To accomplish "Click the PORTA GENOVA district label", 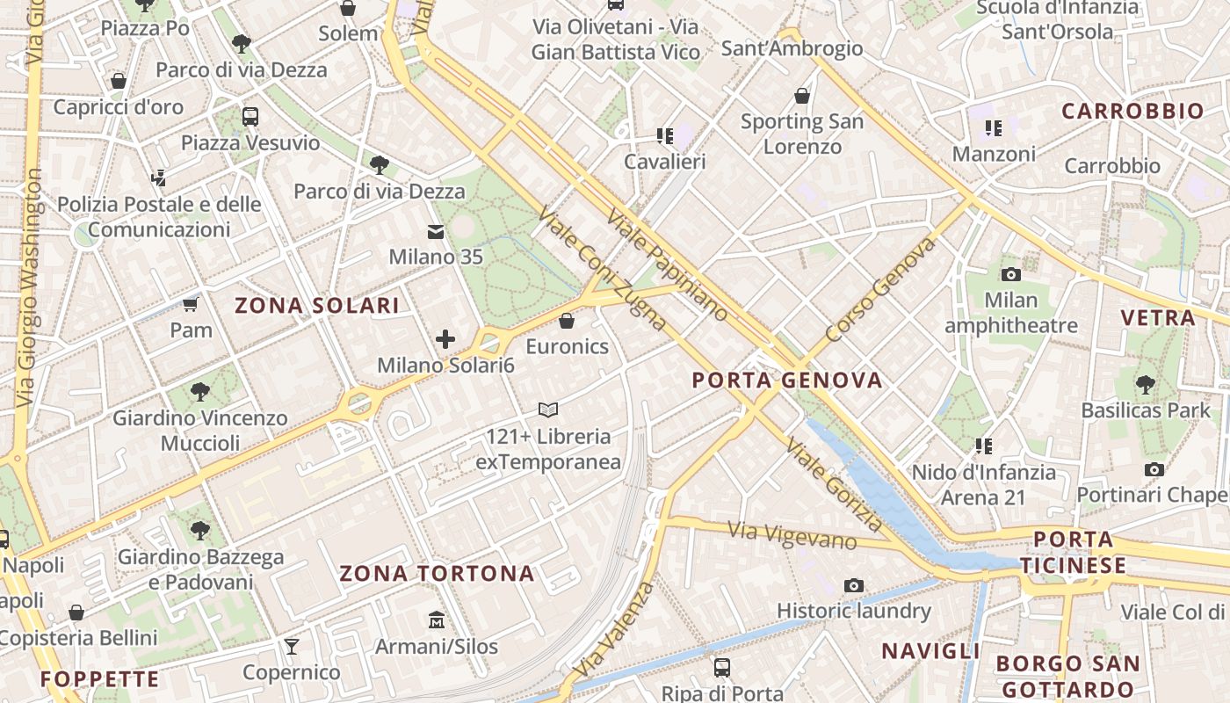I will pyautogui.click(x=786, y=380).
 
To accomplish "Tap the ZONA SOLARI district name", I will pyautogui.click(x=316, y=306).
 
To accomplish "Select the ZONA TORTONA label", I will pyautogui.click(x=437, y=574).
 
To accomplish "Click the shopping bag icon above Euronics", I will pyautogui.click(x=567, y=321).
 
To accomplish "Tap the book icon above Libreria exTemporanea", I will pyautogui.click(x=548, y=409).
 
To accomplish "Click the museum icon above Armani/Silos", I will pyautogui.click(x=436, y=620).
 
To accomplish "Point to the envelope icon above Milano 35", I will pyautogui.click(x=436, y=232).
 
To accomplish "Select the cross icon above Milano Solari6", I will pyautogui.click(x=445, y=339).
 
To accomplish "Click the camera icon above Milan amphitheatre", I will pyautogui.click(x=1010, y=274).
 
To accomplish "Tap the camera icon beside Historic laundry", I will pyautogui.click(x=853, y=585).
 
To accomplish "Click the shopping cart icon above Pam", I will pyautogui.click(x=191, y=305).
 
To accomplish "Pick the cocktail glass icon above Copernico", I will pyautogui.click(x=292, y=647).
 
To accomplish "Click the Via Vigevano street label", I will pyautogui.click(x=792, y=534).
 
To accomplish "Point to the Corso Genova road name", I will pyautogui.click(x=880, y=290).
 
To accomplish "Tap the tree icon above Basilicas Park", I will pyautogui.click(x=1145, y=384).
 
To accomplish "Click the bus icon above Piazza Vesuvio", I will pyautogui.click(x=250, y=116).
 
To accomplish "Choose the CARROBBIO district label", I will pyautogui.click(x=1132, y=111).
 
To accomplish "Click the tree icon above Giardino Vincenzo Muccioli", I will pyautogui.click(x=199, y=392).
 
